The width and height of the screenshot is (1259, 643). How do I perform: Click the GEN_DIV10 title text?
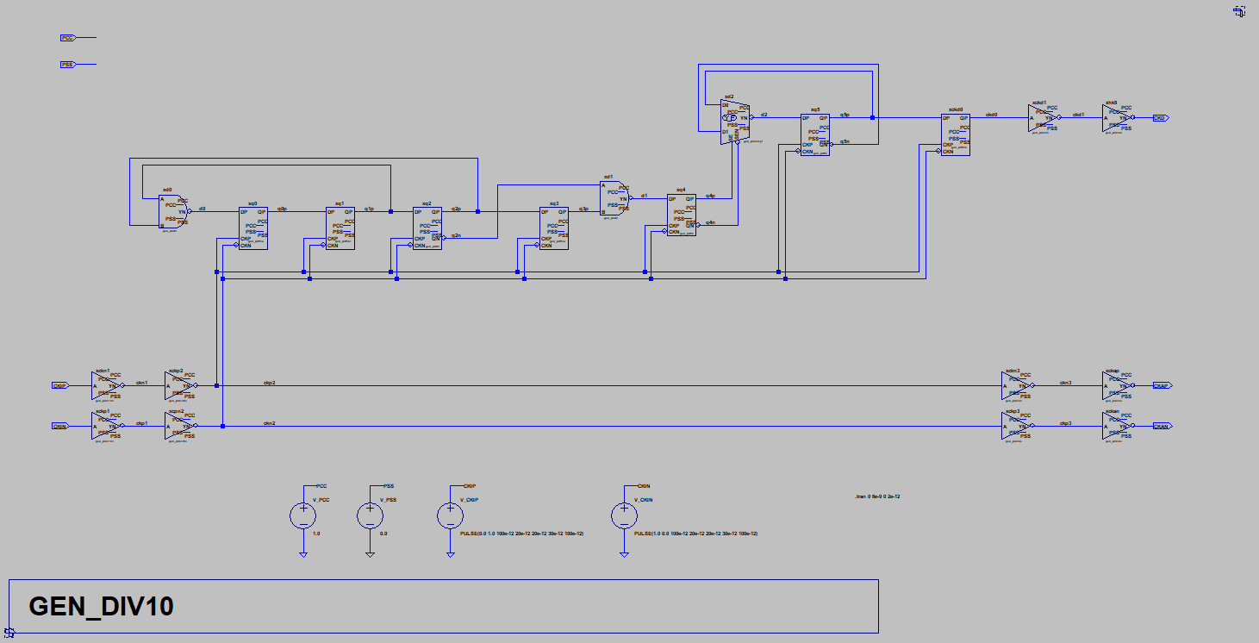102,606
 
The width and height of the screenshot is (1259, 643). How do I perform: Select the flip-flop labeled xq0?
253,228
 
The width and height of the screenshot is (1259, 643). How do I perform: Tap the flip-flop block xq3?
554,228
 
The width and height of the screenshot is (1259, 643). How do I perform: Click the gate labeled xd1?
614,197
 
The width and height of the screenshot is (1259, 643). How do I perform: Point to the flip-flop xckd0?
956,134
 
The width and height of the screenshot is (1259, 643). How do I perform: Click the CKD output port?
1160,117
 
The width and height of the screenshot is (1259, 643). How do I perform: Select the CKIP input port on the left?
59,385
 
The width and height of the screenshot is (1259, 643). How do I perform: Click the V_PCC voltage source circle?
302,515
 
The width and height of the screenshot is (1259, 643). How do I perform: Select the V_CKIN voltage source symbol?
624,515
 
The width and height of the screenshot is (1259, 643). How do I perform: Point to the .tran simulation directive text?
876,497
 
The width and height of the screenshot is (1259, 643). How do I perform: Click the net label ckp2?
270,382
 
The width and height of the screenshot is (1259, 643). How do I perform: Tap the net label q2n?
457,234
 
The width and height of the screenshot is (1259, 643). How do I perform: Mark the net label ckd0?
992,114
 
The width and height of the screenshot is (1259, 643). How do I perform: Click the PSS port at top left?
67,65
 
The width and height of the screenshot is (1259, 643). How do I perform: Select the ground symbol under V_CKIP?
449,554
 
